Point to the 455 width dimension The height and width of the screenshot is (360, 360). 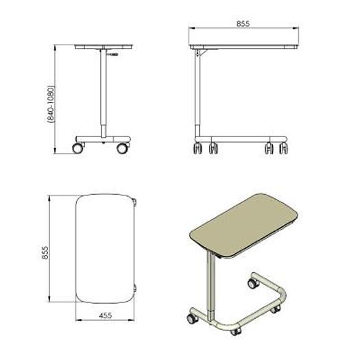click(x=105, y=316)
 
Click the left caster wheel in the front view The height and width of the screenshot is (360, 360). click(x=78, y=147)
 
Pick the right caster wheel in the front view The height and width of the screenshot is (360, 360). click(x=122, y=147)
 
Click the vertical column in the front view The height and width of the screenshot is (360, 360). click(x=101, y=96)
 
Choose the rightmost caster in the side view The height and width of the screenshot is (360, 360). click(x=284, y=147)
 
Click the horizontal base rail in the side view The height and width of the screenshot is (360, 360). click(x=240, y=139)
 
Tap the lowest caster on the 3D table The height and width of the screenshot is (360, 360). click(x=236, y=331)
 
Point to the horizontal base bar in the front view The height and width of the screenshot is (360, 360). click(x=101, y=139)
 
